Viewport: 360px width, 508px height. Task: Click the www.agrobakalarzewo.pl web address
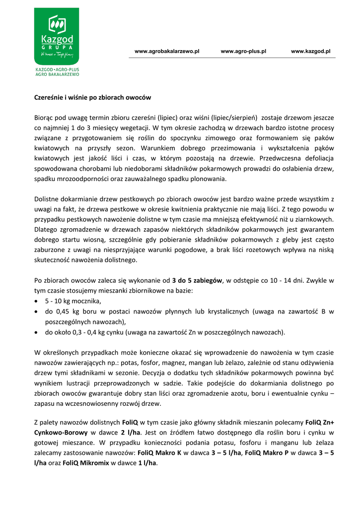(167, 51)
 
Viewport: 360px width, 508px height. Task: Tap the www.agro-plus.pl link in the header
(243, 51)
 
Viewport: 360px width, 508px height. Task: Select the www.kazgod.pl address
(311, 51)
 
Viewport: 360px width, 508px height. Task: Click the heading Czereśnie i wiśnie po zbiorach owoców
(92, 97)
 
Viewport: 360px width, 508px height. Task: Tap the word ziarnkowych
(315, 219)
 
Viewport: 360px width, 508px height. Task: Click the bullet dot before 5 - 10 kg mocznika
(37, 302)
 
